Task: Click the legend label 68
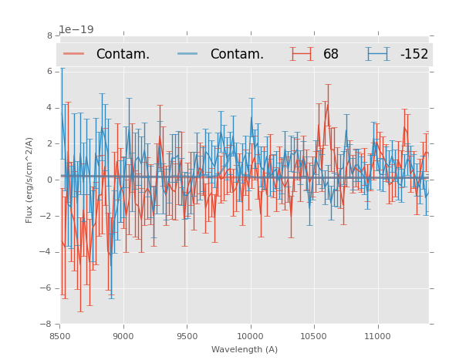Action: pyautogui.click(x=331, y=55)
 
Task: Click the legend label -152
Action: pyautogui.click(x=414, y=55)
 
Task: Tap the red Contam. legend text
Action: pyautogui.click(x=123, y=55)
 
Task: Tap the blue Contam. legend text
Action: pyautogui.click(x=237, y=55)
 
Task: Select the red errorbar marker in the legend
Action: pyautogui.click(x=302, y=54)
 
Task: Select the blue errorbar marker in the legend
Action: pyautogui.click(x=377, y=54)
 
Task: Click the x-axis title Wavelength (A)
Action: pyautogui.click(x=245, y=349)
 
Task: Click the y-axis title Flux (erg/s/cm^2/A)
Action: pyautogui.click(x=29, y=180)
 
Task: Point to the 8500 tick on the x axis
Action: pyautogui.click(x=60, y=336)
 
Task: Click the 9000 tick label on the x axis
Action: pyautogui.click(x=123, y=336)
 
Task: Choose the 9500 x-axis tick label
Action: pyautogui.click(x=187, y=336)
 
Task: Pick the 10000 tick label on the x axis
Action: pyautogui.click(x=251, y=336)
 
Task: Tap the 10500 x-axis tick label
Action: pyautogui.click(x=314, y=336)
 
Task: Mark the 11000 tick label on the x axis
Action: pyautogui.click(x=377, y=336)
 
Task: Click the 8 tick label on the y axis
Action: pyautogui.click(x=49, y=35)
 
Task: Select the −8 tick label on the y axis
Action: pyautogui.click(x=47, y=325)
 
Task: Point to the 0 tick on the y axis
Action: pyautogui.click(x=49, y=180)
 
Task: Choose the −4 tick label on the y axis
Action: pyautogui.click(x=47, y=252)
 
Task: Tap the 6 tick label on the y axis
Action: pyautogui.click(x=49, y=72)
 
